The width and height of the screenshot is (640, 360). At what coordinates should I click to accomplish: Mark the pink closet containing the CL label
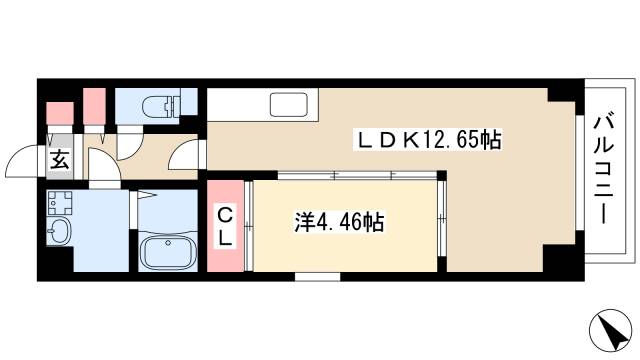226,225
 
